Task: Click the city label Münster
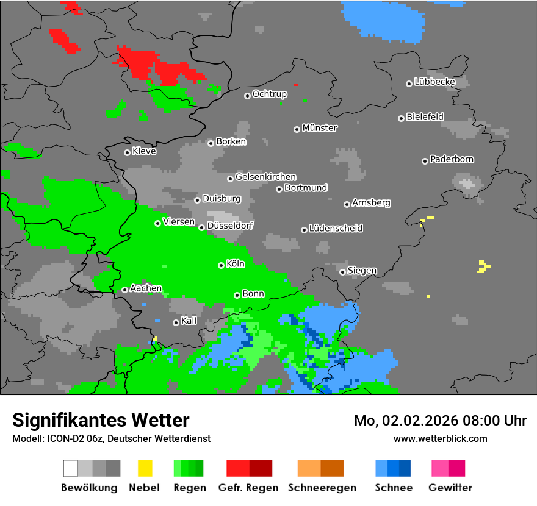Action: tap(320, 128)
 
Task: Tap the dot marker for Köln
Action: tap(221, 265)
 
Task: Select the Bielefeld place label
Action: tap(425, 117)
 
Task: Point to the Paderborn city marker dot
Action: tap(425, 161)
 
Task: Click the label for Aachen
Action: tap(146, 288)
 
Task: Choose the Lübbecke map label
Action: tap(434, 82)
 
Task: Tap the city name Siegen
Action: tap(362, 271)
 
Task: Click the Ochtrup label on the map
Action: tap(270, 94)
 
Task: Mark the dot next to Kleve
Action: tap(127, 152)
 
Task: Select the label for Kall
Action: tap(189, 321)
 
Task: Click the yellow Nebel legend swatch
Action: tap(145, 468)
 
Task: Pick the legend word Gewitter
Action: tap(450, 488)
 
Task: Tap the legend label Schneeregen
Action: tap(320, 488)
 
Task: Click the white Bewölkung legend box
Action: tap(71, 468)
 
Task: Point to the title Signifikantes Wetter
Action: tap(101, 420)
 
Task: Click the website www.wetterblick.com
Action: tap(440, 438)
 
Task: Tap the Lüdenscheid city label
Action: tap(336, 229)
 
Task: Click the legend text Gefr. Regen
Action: tap(248, 488)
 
